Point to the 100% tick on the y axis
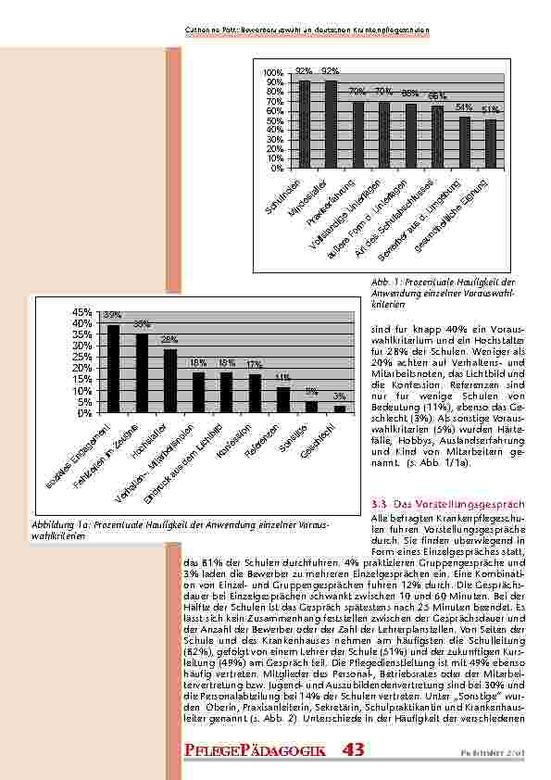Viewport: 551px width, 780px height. [x=273, y=72]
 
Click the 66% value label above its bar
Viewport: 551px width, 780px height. [x=437, y=96]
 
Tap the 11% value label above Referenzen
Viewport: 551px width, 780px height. [x=283, y=377]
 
